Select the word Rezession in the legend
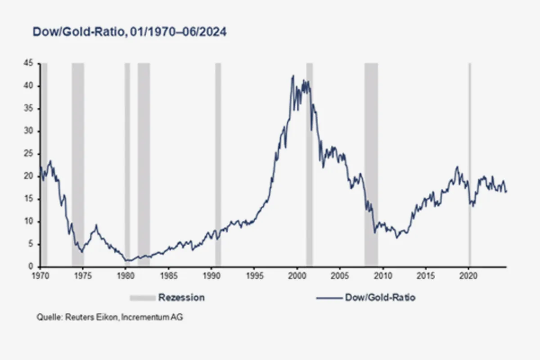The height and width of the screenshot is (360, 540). pos(181,297)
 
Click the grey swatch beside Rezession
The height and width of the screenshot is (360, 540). pos(142,297)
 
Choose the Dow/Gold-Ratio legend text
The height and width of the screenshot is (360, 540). pos(380,297)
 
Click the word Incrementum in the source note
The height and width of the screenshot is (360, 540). pos(148,317)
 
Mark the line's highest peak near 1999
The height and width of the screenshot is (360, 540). pos(293,76)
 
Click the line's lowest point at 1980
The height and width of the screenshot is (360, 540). pos(127,261)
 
